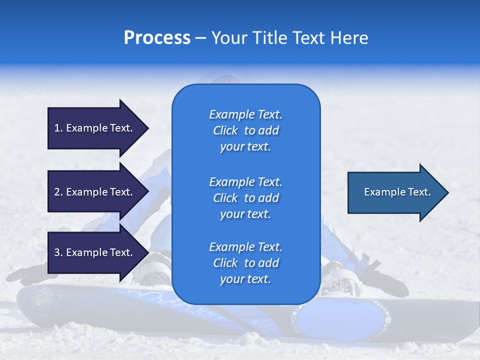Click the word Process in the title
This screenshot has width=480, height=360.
[157, 38]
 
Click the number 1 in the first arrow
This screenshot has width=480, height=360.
[57, 128]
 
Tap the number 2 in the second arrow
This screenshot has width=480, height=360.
[57, 192]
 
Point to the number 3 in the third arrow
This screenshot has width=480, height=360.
[57, 252]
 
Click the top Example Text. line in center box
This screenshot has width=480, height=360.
[245, 114]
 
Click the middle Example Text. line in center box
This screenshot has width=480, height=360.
[245, 181]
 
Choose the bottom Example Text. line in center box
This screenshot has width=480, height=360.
[245, 247]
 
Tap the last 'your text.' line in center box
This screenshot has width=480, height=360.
[245, 279]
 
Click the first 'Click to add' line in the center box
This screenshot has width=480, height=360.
[245, 130]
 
